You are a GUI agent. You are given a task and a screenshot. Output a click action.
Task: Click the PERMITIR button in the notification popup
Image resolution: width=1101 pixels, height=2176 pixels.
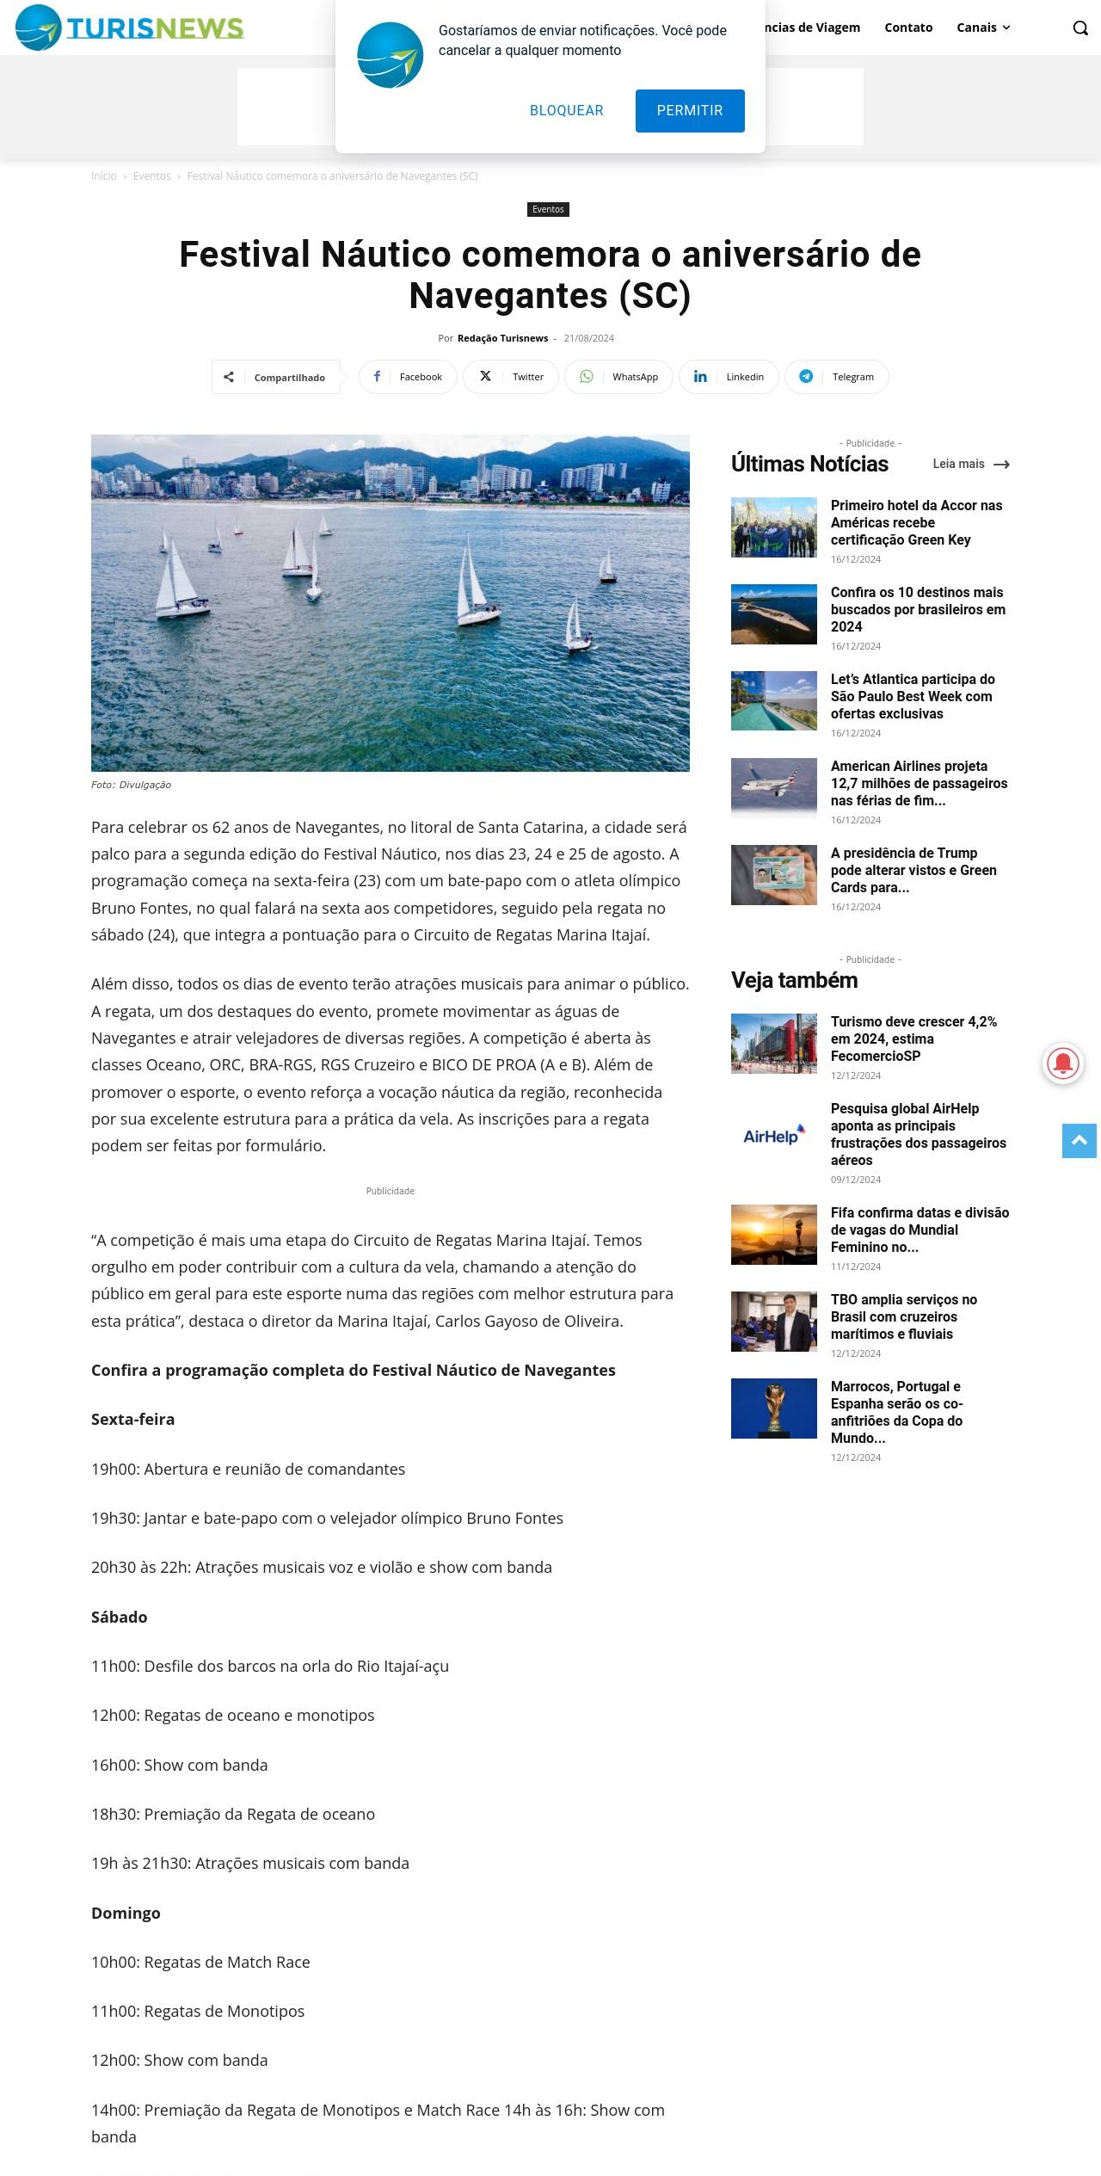point(690,111)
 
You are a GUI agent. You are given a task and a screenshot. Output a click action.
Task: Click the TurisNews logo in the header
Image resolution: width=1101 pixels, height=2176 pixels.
point(129,28)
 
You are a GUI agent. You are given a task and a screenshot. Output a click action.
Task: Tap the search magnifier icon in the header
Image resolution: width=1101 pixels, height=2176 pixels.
point(1080,28)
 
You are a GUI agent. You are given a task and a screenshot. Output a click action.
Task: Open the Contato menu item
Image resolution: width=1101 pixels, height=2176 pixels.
point(908,28)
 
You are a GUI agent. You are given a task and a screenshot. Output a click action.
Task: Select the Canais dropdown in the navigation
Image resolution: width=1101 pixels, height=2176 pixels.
point(983,28)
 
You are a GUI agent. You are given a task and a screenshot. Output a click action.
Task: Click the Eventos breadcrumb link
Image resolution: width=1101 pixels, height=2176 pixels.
point(151,176)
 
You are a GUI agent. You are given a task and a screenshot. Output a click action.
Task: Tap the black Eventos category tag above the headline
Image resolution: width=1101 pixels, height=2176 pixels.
point(548,210)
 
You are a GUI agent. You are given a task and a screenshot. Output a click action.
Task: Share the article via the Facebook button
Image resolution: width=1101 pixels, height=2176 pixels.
point(409,377)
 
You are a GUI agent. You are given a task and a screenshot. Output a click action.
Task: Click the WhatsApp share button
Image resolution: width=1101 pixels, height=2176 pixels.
point(618,377)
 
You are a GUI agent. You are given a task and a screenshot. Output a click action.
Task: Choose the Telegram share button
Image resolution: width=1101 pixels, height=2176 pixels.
point(836,377)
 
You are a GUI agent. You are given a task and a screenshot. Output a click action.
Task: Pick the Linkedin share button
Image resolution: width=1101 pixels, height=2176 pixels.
point(729,377)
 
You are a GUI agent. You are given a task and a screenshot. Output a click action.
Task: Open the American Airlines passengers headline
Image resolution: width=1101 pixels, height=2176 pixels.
point(919,783)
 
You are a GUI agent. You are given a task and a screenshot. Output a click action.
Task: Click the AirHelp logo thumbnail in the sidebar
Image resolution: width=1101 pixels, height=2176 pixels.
point(774,1137)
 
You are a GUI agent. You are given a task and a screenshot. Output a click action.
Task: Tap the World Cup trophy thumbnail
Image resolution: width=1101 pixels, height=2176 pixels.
point(774,1409)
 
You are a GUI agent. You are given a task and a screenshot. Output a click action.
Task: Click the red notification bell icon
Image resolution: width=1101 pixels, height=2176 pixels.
point(1063,1064)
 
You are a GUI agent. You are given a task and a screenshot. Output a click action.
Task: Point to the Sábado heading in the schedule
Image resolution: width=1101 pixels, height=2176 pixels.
point(120,1618)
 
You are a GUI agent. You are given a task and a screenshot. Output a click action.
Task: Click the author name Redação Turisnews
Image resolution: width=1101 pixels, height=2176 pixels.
point(502,338)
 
